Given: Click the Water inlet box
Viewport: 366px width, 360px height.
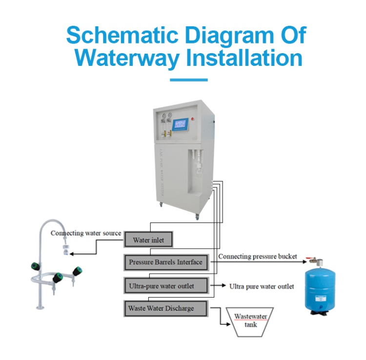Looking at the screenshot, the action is (148, 240).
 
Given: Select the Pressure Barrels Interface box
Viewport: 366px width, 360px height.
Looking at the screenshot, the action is (165, 262).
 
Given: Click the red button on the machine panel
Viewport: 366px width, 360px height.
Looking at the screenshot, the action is (194, 118).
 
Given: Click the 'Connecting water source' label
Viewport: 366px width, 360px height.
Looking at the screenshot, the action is (86, 233).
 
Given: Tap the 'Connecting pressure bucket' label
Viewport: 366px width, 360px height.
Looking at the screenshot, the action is (257, 257).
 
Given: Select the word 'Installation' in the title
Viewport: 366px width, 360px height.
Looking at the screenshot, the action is (244, 58).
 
